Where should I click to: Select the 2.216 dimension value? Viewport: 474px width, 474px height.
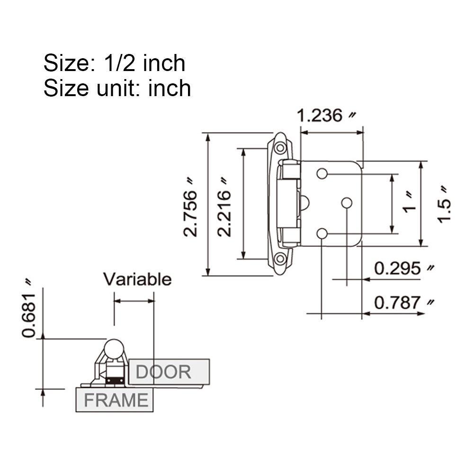224,207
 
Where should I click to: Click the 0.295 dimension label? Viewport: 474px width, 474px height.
398,268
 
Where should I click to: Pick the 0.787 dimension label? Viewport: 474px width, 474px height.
398,303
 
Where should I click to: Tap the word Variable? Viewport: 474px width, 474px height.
137,279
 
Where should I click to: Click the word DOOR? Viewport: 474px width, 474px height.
163,372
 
